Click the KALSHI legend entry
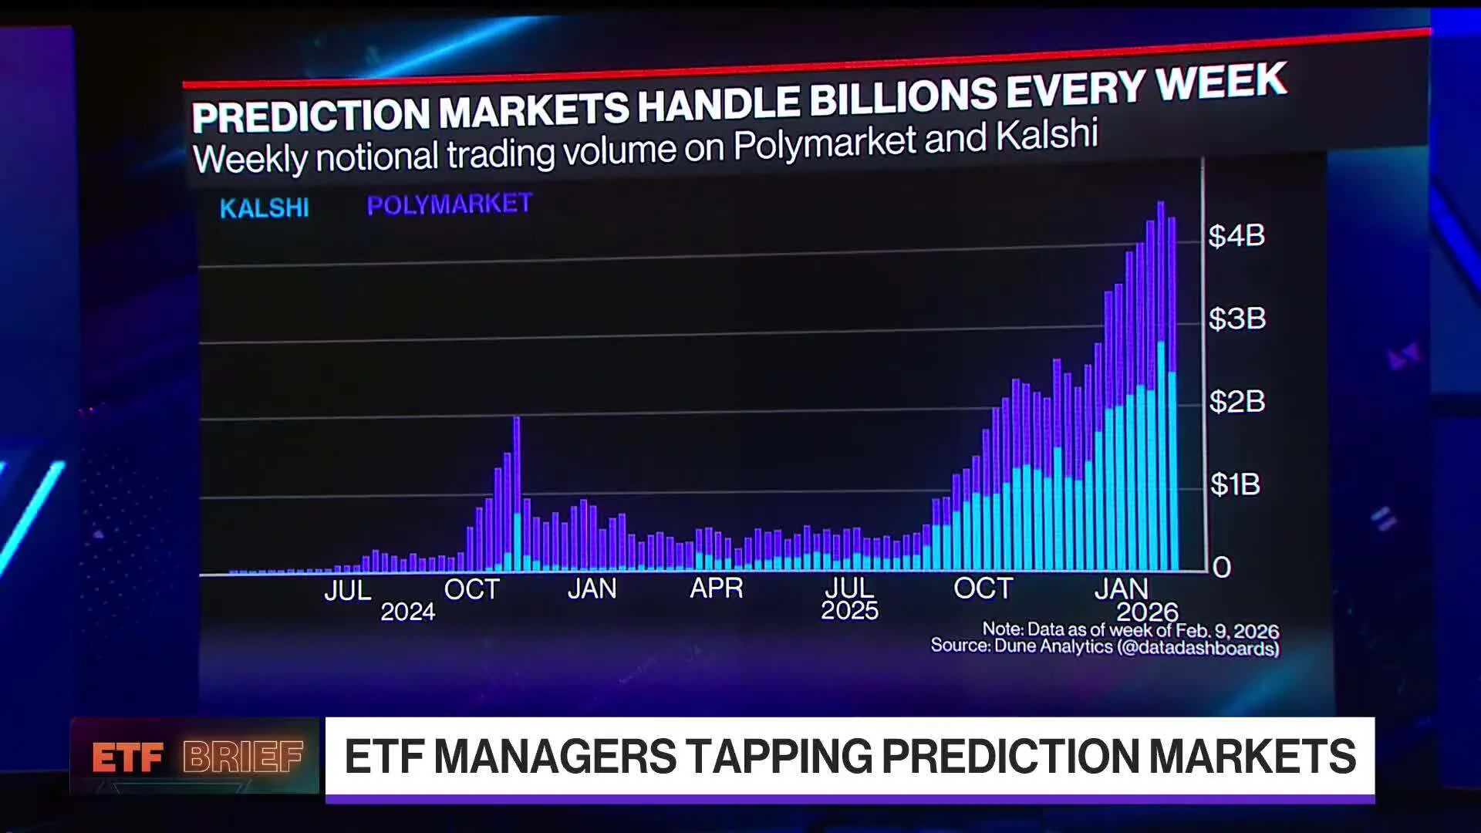[x=264, y=207]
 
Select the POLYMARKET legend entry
[x=449, y=204]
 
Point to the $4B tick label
[x=1236, y=235]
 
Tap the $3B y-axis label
[x=1236, y=318]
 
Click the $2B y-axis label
[x=1236, y=401]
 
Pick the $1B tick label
[x=1235, y=484]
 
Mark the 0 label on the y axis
[x=1222, y=568]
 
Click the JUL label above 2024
[x=347, y=590]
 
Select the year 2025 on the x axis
[x=849, y=611]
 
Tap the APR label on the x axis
[x=716, y=588]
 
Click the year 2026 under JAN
[x=1147, y=612]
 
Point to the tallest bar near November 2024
[x=516, y=494]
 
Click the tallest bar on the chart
[x=1161, y=386]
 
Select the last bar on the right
[x=1172, y=393]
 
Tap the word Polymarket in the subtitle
[x=824, y=143]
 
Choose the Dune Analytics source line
[x=1104, y=646]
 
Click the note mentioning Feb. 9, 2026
[x=1130, y=630]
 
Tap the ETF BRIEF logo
[x=197, y=757]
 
